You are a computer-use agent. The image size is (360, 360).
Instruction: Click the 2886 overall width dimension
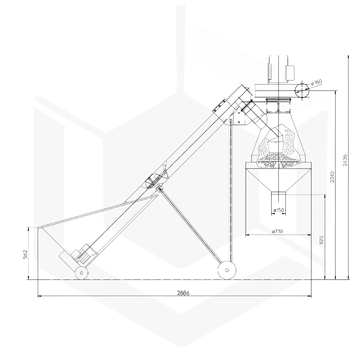click(183, 293)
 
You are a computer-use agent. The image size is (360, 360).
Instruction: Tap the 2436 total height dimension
click(345, 160)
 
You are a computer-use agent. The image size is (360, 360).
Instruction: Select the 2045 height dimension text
click(332, 176)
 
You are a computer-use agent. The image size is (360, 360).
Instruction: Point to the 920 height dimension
click(321, 240)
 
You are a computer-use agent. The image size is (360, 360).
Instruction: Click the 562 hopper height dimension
click(26, 254)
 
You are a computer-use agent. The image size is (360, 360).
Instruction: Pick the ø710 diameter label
click(277, 231)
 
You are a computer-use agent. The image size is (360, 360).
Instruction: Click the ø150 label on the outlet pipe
click(279, 210)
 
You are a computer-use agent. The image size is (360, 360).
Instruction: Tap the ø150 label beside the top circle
click(316, 82)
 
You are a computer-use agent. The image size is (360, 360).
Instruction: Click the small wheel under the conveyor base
click(81, 273)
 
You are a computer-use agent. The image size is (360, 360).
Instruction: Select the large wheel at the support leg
click(227, 270)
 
